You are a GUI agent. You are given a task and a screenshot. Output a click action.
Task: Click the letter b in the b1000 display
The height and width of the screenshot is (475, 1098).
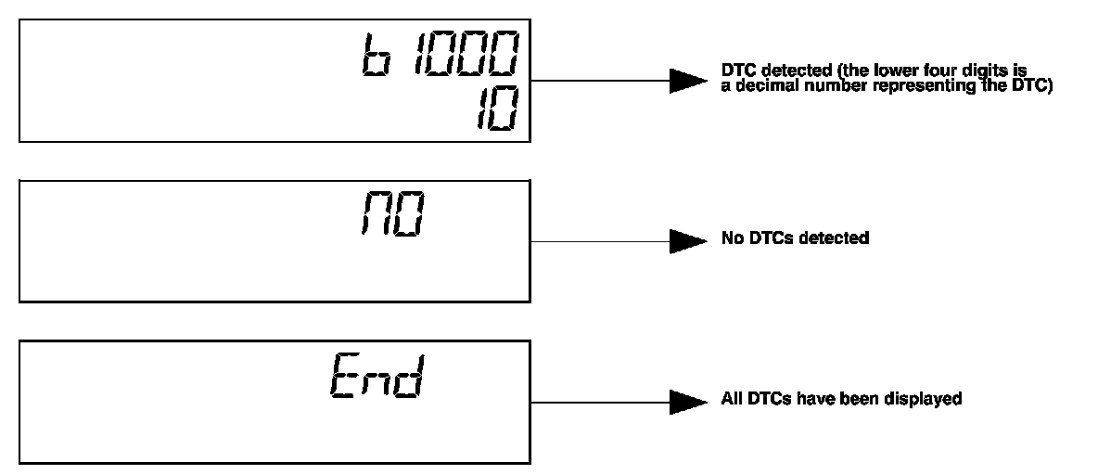point(374,58)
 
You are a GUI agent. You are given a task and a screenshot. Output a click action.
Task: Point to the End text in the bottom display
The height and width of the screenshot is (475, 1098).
point(376,378)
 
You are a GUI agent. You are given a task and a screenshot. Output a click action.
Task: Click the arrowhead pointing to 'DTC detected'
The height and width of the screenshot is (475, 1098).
point(688,81)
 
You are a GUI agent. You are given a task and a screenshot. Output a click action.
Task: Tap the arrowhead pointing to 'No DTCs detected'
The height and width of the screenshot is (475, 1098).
point(688,241)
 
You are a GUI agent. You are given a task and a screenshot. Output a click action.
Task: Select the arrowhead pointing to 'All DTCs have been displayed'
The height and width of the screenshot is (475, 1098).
point(688,402)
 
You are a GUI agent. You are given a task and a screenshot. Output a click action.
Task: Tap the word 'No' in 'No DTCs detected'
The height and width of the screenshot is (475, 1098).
point(731,238)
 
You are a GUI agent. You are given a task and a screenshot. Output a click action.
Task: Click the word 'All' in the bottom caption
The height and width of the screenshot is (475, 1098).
point(730,399)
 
